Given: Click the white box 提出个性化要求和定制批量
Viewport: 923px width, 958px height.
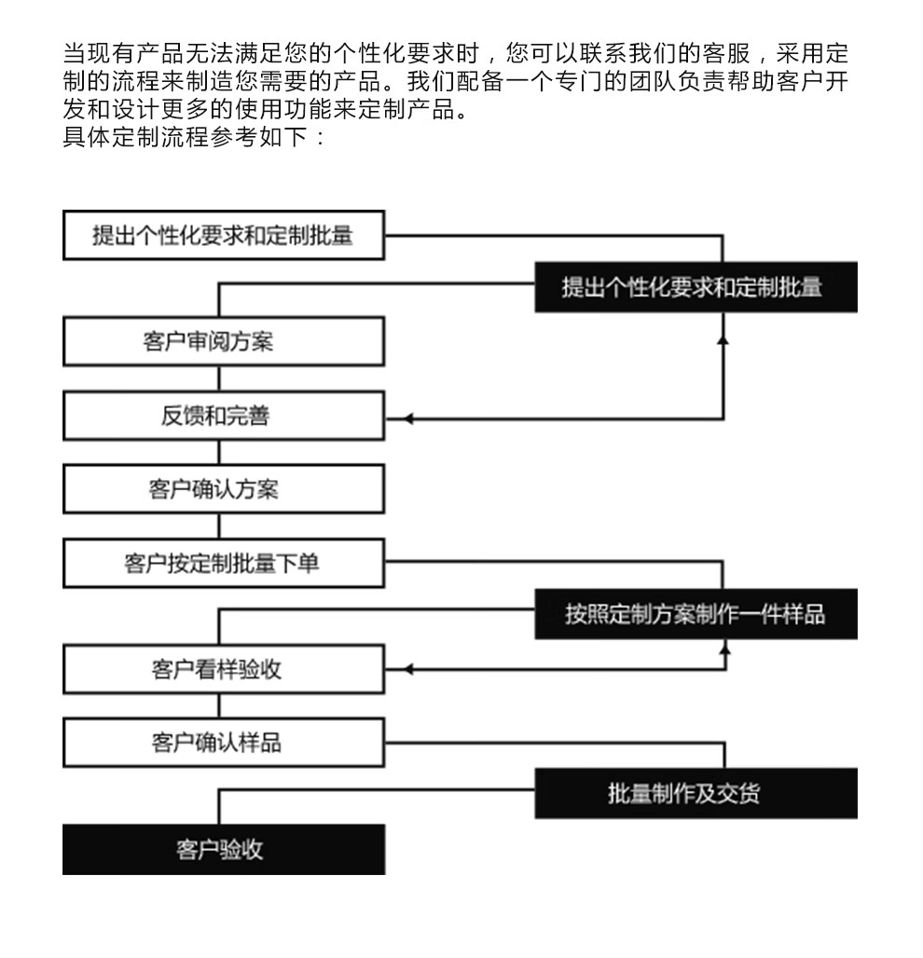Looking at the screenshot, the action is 224,235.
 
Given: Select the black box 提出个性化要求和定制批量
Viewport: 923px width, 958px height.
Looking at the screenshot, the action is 696,287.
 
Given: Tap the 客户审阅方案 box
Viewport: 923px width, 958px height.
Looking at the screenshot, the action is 224,341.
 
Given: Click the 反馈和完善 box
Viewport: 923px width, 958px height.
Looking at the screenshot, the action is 224,416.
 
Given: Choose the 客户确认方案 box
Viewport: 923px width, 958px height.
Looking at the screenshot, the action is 224,488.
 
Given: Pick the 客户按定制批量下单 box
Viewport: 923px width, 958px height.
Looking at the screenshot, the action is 224,563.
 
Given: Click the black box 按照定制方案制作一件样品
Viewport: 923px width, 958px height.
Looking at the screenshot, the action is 696,614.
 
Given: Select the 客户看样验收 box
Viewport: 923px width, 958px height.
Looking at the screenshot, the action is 224,669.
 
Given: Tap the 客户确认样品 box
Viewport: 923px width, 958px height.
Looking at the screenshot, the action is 224,743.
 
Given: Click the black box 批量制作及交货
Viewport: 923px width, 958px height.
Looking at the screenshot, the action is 696,794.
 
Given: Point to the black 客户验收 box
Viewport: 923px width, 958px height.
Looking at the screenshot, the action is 224,849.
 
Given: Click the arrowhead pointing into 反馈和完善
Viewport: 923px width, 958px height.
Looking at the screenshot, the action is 407,419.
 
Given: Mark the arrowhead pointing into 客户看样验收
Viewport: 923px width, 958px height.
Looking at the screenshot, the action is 407,670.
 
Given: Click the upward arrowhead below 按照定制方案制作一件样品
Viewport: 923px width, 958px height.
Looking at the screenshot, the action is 725,649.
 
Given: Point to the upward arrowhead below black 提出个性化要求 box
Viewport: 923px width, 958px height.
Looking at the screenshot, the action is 723,338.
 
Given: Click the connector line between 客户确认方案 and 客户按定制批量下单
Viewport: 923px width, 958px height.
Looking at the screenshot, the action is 219,526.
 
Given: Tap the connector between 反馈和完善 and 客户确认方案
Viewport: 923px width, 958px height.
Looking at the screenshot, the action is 219,452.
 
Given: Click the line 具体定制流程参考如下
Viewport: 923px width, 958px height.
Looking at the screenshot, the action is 185,136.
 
